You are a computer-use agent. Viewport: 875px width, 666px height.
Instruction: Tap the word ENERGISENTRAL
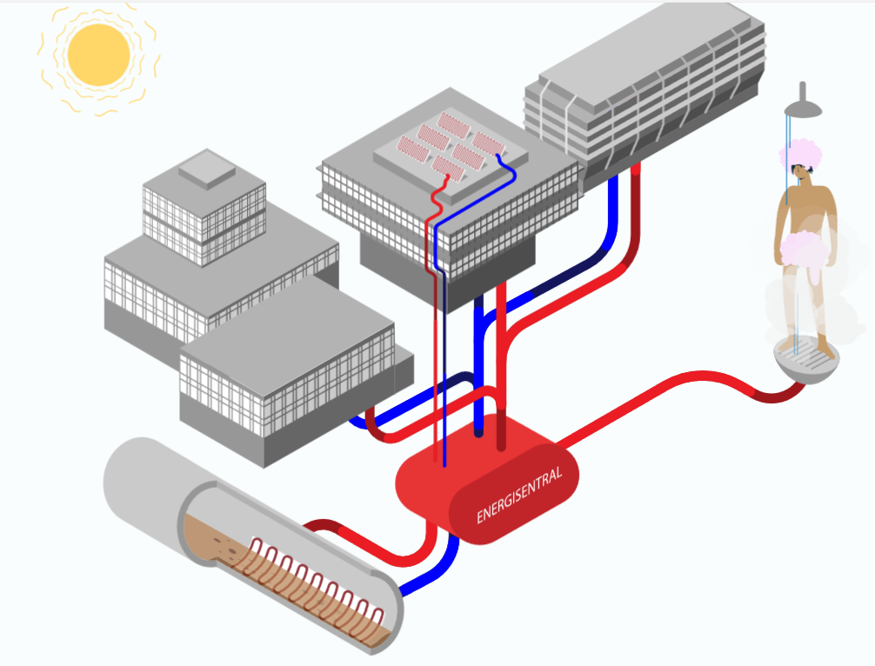coord(520,496)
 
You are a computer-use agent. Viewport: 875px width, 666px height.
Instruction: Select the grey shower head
coord(804,106)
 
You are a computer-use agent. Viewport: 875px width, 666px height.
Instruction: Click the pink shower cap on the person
coord(800,153)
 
